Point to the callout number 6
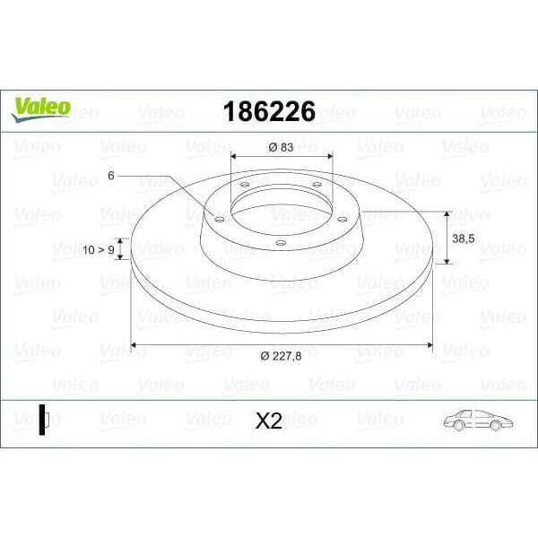click(x=110, y=176)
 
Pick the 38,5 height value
click(x=464, y=239)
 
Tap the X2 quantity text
click(x=268, y=421)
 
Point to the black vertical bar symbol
click(x=41, y=420)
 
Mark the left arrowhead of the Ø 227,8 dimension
click(x=134, y=343)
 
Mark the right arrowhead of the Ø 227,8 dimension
click(x=430, y=343)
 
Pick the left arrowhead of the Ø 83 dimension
click(x=234, y=155)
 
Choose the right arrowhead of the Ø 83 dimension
click(x=330, y=155)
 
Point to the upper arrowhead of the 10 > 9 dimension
click(x=121, y=241)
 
